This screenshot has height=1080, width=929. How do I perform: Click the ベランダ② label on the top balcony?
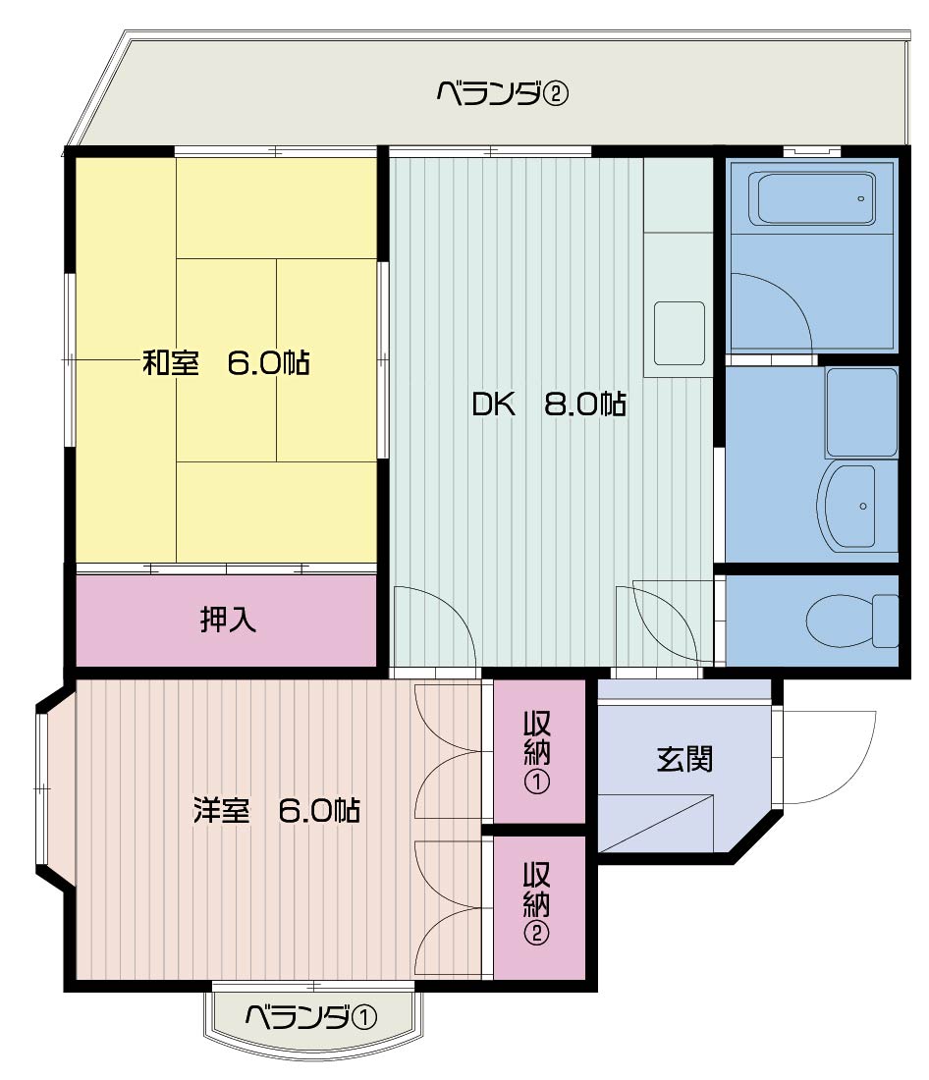coord(503,92)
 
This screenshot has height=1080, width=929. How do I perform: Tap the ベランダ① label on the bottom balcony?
coord(311,1016)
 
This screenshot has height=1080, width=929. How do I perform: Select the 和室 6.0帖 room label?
coord(226,362)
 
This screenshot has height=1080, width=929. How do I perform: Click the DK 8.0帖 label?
coord(549,404)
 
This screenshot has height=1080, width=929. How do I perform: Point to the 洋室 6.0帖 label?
coord(276,810)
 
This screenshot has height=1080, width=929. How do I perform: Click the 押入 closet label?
coord(228,620)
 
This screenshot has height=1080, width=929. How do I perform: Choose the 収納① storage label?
coord(537,752)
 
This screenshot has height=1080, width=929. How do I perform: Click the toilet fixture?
coord(851,621)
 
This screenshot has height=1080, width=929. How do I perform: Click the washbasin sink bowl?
coord(847,507)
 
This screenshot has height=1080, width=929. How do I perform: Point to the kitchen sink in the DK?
coord(680,334)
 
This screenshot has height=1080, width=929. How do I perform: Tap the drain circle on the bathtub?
coord(861,199)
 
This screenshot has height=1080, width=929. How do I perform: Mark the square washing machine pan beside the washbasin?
coord(861,412)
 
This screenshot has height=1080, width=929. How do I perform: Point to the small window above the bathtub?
coord(812,150)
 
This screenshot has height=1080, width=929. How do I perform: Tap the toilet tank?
coord(886,621)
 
